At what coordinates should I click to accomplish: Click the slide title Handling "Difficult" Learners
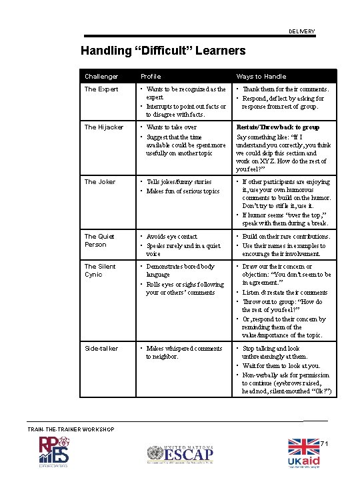pyautogui.click(x=163, y=51)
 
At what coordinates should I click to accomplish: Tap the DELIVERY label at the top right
pyautogui.click(x=301, y=32)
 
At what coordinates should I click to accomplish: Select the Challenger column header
pyautogui.click(x=101, y=77)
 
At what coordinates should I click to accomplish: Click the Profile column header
pyautogui.click(x=150, y=77)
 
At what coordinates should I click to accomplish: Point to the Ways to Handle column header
pyautogui.click(x=261, y=77)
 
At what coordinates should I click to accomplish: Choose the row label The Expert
pyautogui.click(x=101, y=89)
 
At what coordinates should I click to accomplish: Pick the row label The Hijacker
pyautogui.click(x=104, y=127)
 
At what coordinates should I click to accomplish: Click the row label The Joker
pyautogui.click(x=100, y=182)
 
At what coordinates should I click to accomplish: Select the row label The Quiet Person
pyautogui.click(x=99, y=241)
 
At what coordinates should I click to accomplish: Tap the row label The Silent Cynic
pyautogui.click(x=100, y=271)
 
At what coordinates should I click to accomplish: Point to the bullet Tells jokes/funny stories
pyautogui.click(x=179, y=182)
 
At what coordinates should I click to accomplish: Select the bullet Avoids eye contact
pyautogui.click(x=171, y=237)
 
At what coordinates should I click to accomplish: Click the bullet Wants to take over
pyautogui.click(x=171, y=127)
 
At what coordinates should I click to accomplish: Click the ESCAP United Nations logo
pyautogui.click(x=181, y=455)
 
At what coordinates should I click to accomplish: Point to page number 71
pyautogui.click(x=325, y=443)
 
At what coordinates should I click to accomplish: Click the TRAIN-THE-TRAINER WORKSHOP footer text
pyautogui.click(x=71, y=429)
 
